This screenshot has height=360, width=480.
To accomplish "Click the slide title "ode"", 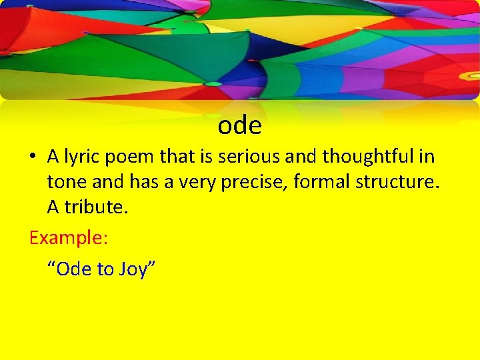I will [x=239, y=125].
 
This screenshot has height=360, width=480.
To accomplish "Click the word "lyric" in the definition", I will [x=83, y=157].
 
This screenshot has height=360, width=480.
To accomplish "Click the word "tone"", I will [x=65, y=182].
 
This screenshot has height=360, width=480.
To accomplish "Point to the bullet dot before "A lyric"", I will [x=33, y=158].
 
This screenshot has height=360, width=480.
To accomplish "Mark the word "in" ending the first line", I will [x=427, y=157].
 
